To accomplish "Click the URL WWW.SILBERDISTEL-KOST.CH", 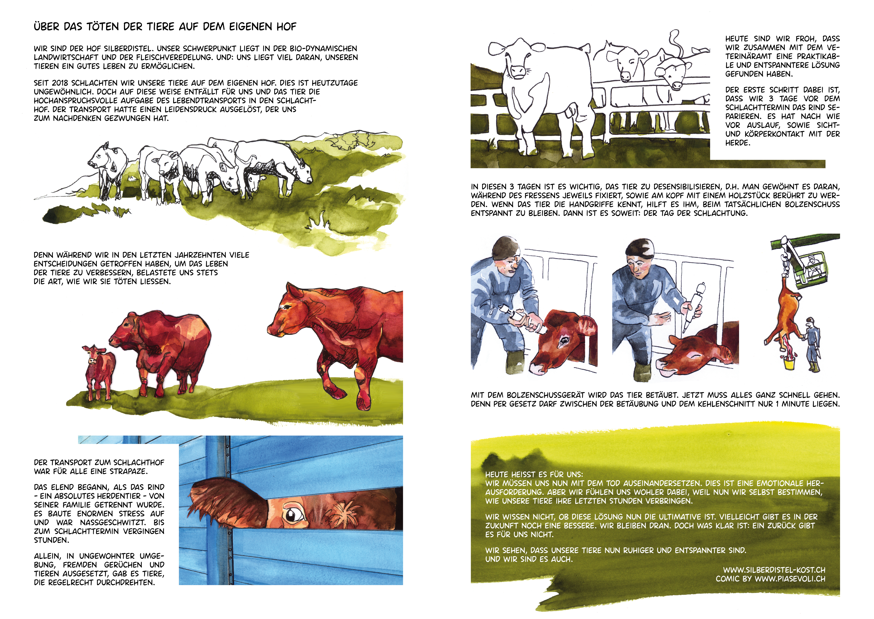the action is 774,570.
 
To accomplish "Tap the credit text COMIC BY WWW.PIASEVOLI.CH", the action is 770,579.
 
